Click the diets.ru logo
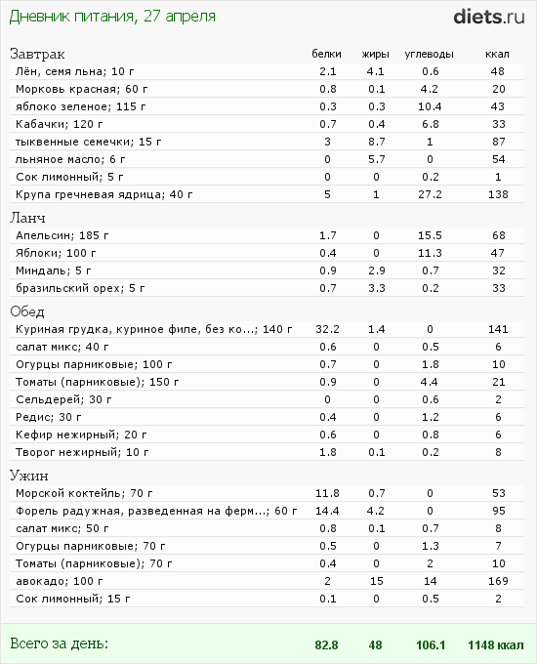489,17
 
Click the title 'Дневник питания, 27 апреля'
112,17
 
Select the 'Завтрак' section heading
37,55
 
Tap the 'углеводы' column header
429,55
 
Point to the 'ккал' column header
497,55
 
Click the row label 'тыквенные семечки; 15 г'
89,142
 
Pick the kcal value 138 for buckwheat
498,194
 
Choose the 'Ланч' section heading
27,218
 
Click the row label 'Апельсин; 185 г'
62,235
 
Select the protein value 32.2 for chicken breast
327,329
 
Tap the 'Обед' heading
27,311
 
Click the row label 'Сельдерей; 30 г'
63,399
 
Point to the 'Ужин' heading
28,476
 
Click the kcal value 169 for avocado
498,581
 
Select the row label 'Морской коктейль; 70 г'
84,493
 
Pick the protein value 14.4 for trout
327,511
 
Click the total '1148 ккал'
495,644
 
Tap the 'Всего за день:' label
59,643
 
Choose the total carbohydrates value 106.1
431,644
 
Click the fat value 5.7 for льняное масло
377,159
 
